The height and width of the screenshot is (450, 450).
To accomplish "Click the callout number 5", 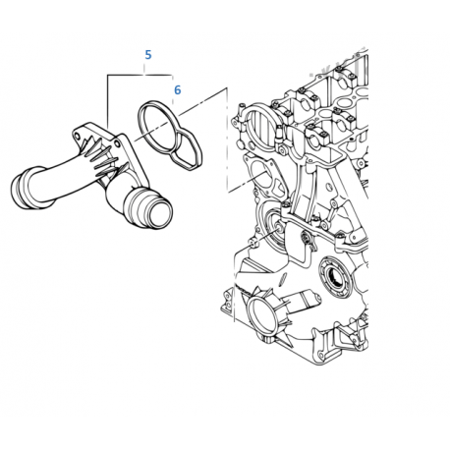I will pyautogui.click(x=147, y=55).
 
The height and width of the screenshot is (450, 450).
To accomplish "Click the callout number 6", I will pyautogui.click(x=177, y=89).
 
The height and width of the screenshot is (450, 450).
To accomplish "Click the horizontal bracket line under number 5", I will pyautogui.click(x=138, y=72).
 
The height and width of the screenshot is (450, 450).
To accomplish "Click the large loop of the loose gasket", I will pyautogui.click(x=157, y=122).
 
